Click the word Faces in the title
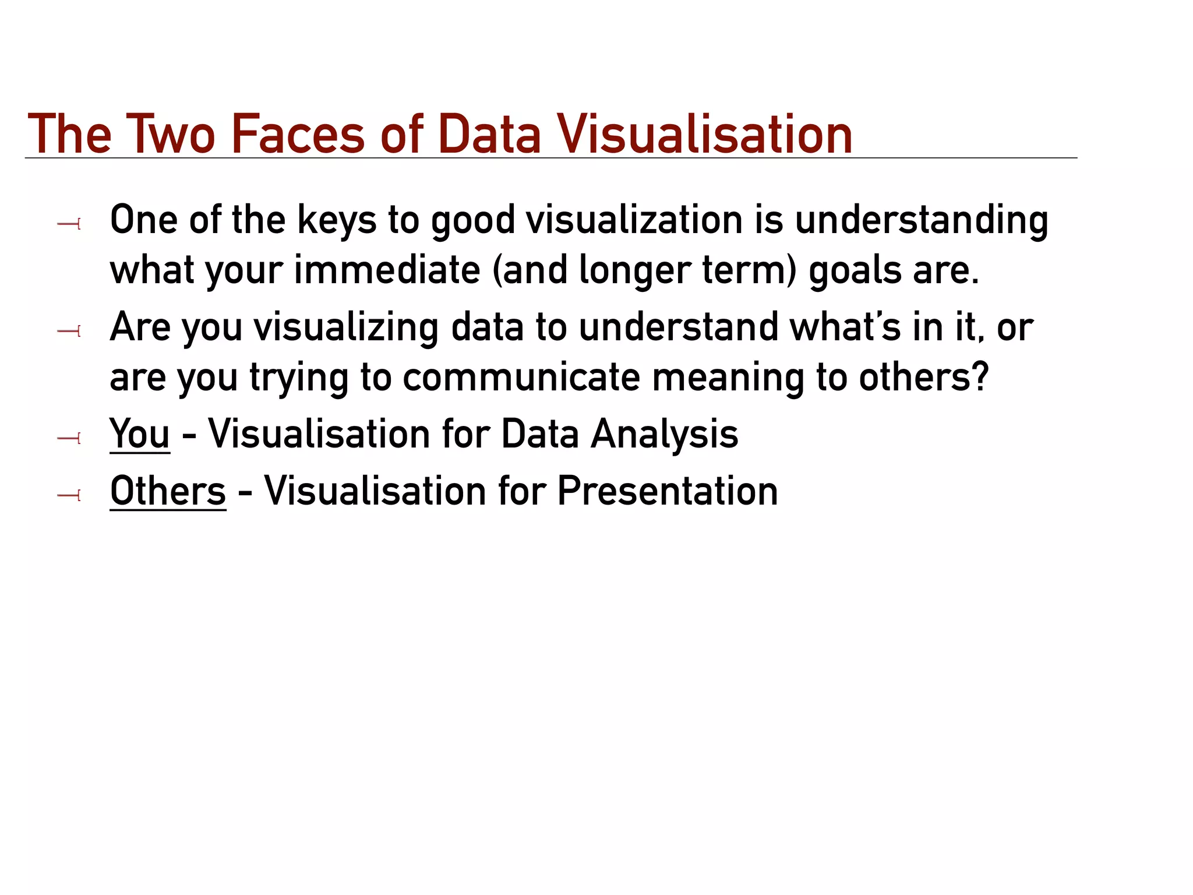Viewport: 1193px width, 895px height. click(298, 135)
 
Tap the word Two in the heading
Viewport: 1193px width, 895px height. click(170, 135)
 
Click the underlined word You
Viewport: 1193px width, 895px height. click(140, 434)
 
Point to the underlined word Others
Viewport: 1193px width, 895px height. click(168, 491)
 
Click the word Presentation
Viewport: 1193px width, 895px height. click(667, 491)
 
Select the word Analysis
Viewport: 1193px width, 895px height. click(664, 435)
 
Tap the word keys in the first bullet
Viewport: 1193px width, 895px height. click(337, 221)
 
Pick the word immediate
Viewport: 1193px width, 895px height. click(387, 271)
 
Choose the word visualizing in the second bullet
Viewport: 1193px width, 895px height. click(346, 328)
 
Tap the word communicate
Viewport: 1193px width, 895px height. click(521, 378)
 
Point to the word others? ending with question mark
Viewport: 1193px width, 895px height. click(924, 378)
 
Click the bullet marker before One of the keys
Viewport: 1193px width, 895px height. click(69, 223)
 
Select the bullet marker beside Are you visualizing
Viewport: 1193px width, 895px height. click(69, 332)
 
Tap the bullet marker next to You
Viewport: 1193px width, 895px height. click(69, 438)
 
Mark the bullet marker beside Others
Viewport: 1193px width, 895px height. click(69, 495)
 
